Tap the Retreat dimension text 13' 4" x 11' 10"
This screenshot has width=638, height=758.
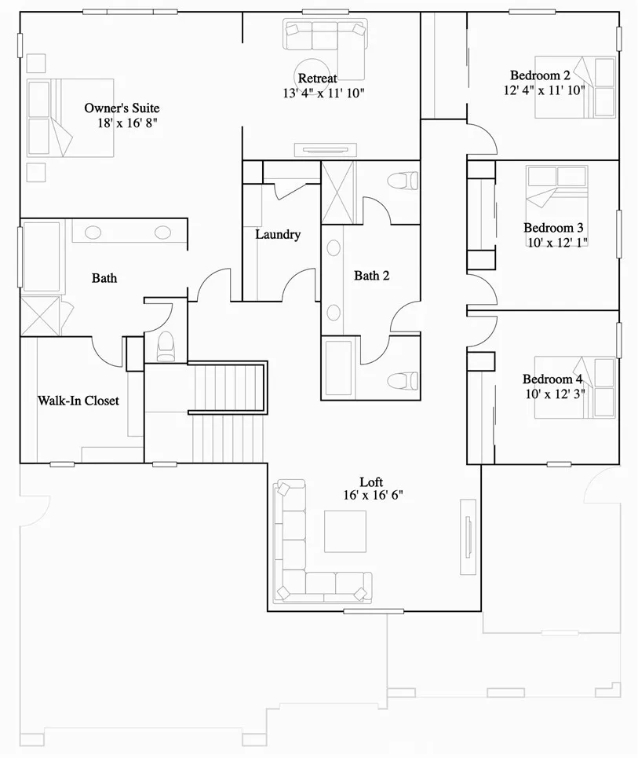pyautogui.click(x=324, y=93)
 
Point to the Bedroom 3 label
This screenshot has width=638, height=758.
pyautogui.click(x=553, y=228)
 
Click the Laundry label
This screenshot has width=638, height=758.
pyautogui.click(x=278, y=234)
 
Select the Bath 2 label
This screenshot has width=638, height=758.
pyautogui.click(x=372, y=276)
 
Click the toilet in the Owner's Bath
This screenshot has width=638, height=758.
pyautogui.click(x=166, y=344)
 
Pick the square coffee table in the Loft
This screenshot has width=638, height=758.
pyautogui.click(x=345, y=532)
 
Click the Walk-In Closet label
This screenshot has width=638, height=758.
pyautogui.click(x=78, y=401)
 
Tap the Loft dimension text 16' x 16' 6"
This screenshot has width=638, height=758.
pyautogui.click(x=373, y=495)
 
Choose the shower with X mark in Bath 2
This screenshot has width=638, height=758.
pyautogui.click(x=338, y=192)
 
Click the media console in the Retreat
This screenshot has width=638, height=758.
pyautogui.click(x=321, y=150)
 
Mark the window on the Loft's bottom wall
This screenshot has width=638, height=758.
pyautogui.click(x=374, y=610)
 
